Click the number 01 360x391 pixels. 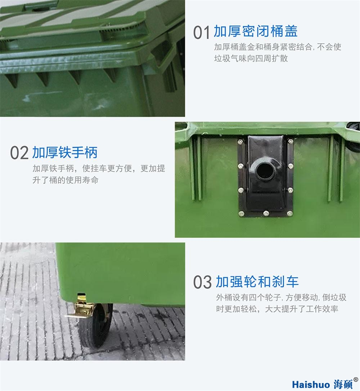coord(201,32)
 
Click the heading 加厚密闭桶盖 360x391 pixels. coord(256,31)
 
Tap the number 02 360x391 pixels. coord(19,153)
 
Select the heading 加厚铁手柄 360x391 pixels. coord(65,152)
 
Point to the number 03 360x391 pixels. coord(202,282)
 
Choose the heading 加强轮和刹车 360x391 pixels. coord(257,281)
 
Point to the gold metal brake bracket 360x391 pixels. coord(81,308)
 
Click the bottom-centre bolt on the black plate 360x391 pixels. coord(266,213)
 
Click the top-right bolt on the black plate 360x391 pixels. coord(290,141)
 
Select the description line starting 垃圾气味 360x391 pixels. coord(251,58)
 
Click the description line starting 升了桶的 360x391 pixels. coord(65,180)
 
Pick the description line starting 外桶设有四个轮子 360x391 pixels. coord(281,298)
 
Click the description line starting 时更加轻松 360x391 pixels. coord(277,309)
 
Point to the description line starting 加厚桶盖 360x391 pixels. coord(277,47)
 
